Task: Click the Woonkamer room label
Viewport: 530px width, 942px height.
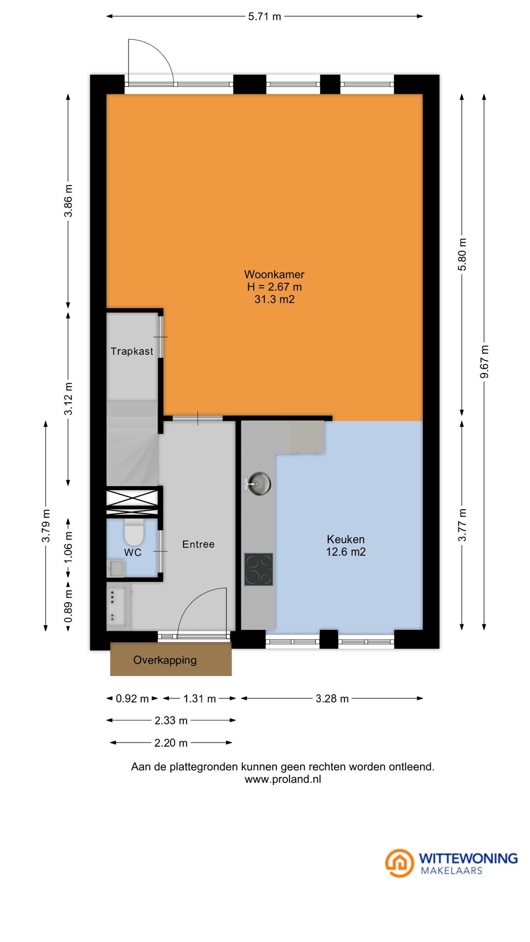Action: pyautogui.click(x=274, y=274)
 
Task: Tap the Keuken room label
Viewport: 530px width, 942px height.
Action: pyautogui.click(x=345, y=539)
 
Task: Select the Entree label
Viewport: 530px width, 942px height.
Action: pyautogui.click(x=198, y=544)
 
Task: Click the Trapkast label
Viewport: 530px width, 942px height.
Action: pyautogui.click(x=132, y=351)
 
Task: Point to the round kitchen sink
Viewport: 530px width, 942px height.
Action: pyautogui.click(x=259, y=484)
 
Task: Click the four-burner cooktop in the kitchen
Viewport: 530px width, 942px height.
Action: pyautogui.click(x=259, y=569)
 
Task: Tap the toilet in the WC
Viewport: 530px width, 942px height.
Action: pyautogui.click(x=133, y=533)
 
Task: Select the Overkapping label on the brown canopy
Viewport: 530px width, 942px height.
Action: pyautogui.click(x=165, y=660)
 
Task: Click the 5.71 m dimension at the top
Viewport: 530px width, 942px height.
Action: pyautogui.click(x=265, y=17)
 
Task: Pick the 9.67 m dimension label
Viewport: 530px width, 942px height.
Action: pyautogui.click(x=484, y=362)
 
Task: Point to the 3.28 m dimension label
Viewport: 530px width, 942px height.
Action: pyautogui.click(x=332, y=699)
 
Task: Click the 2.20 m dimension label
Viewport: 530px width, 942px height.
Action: pyautogui.click(x=171, y=743)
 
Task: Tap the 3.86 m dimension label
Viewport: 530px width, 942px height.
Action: pyautogui.click(x=68, y=201)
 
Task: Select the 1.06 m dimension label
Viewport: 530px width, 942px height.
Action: pyautogui.click(x=68, y=547)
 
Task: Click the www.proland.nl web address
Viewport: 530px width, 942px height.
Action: pyautogui.click(x=283, y=779)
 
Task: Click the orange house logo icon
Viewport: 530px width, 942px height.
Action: pyautogui.click(x=399, y=863)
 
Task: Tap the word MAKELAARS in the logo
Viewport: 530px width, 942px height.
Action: pyautogui.click(x=451, y=871)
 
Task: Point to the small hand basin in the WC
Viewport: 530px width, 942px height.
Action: pyautogui.click(x=116, y=569)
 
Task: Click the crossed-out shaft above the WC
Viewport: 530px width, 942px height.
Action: pyautogui.click(x=132, y=501)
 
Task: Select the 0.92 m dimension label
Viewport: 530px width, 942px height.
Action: pyautogui.click(x=132, y=699)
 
